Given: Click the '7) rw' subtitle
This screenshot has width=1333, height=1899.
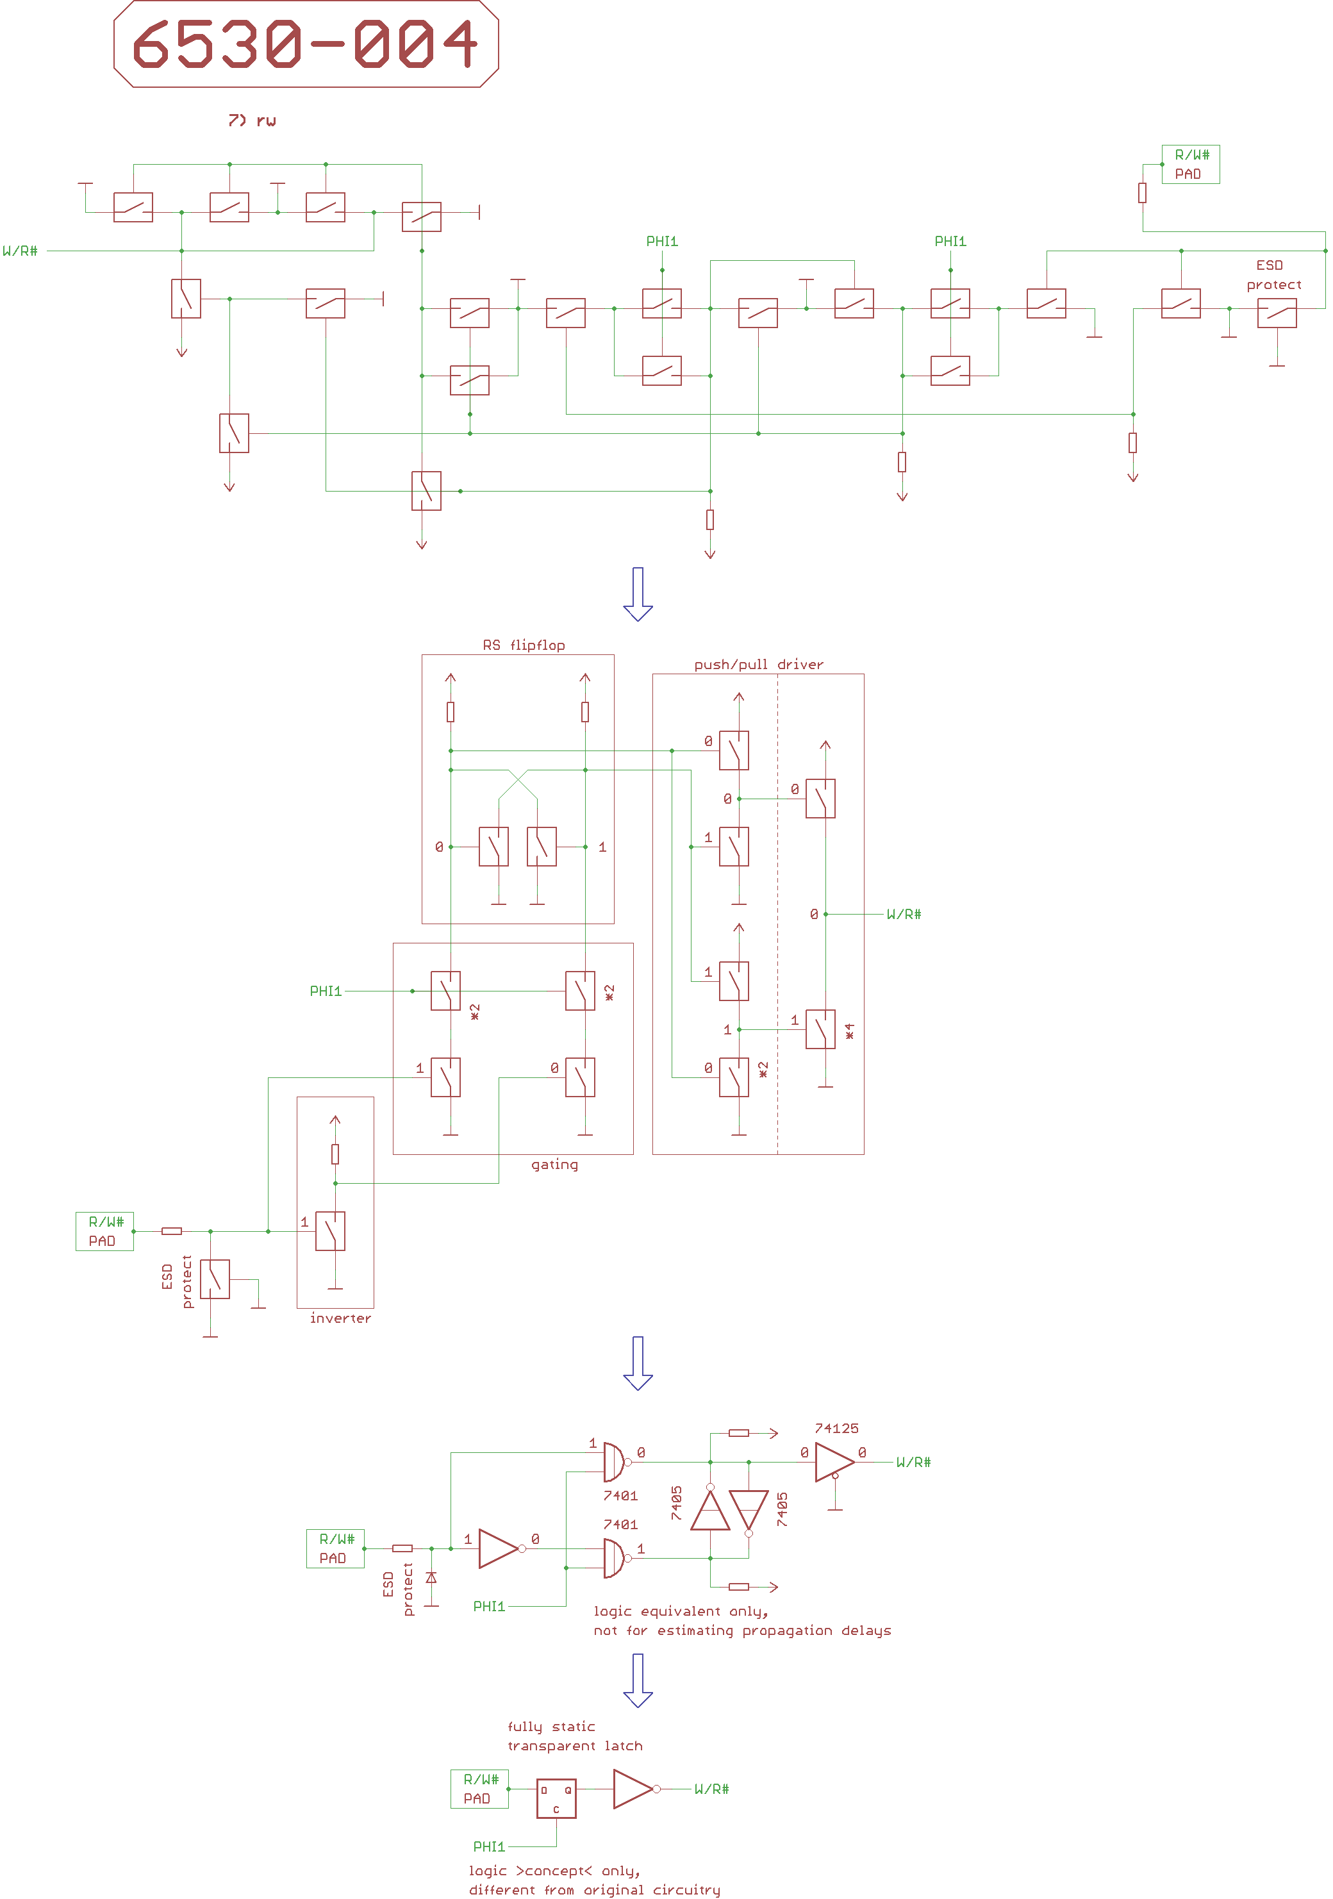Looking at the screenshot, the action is [253, 120].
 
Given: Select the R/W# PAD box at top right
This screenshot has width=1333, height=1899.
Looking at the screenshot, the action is [1190, 165].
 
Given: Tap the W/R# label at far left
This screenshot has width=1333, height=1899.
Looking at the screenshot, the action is [20, 251].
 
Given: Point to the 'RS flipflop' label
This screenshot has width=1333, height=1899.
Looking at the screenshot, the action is [524, 645].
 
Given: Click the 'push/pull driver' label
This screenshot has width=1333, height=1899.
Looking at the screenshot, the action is [758, 664].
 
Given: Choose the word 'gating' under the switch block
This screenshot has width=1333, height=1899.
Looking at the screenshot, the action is [554, 1165].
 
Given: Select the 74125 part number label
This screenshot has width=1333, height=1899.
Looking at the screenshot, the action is [836, 1429].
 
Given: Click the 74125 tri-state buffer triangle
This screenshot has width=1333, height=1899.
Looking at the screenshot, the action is [834, 1463].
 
